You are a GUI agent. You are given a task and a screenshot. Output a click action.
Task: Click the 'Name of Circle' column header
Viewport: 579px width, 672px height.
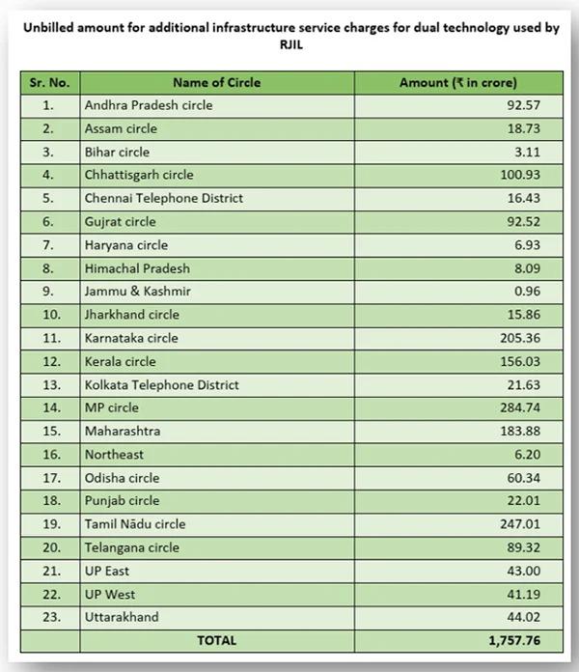216,82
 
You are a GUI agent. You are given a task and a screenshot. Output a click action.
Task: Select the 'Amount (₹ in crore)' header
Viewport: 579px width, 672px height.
458,82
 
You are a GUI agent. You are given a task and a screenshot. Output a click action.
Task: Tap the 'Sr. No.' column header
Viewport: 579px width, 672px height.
48,82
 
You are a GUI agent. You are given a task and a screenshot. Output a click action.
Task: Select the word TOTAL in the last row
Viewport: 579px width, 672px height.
216,640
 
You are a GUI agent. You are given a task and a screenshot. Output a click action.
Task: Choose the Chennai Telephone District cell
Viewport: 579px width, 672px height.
163,198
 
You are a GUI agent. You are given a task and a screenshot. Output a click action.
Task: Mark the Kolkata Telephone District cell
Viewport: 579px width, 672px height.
161,384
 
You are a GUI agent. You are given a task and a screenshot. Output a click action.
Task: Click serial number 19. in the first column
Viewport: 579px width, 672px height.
48,524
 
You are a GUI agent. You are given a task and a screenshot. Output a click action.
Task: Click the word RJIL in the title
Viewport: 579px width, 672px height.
289,43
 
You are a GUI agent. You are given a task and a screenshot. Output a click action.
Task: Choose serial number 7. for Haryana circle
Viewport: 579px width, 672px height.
48,245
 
